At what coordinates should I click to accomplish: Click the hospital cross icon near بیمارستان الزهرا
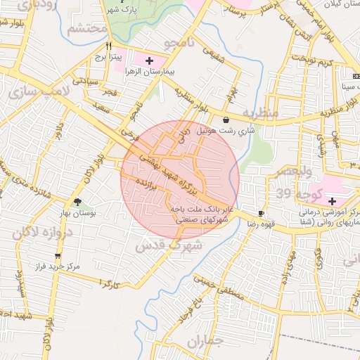click(148, 60)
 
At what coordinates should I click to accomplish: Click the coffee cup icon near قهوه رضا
click(262, 212)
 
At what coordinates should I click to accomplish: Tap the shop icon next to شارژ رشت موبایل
click(225, 120)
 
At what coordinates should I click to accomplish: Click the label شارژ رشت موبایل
click(225, 131)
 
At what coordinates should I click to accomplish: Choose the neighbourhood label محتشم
click(87, 30)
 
